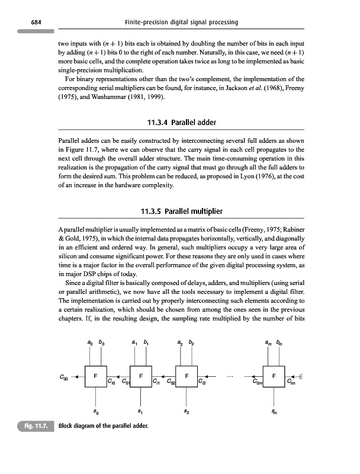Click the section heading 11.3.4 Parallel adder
pyautogui.click(x=180, y=123)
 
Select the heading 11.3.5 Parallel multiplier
pyautogui.click(x=180, y=212)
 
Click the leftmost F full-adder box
pyautogui.click(x=95, y=377)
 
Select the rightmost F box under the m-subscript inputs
pyautogui.click(x=274, y=377)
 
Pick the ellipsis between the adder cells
pyautogui.click(x=233, y=373)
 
